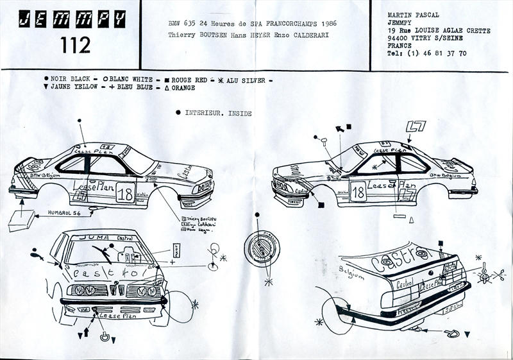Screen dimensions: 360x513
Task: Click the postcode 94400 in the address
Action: point(401,38)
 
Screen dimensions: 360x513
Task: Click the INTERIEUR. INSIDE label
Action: point(218,113)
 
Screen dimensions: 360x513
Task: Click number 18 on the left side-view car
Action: point(124,193)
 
